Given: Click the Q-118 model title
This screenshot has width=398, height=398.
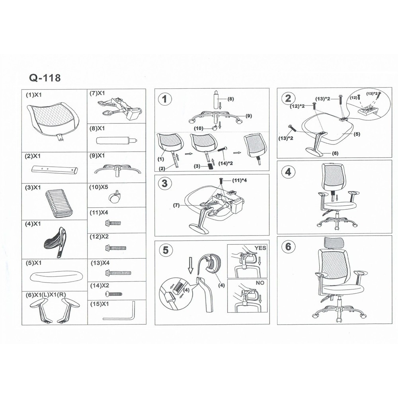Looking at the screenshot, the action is pos(45,78).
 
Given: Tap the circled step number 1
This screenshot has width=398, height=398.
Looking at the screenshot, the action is pos(165,99).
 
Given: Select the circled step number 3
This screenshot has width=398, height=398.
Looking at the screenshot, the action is pos(165,183).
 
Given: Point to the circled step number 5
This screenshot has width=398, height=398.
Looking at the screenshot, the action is pos(165,250).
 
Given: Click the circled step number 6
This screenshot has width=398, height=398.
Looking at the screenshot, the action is pos(288,246).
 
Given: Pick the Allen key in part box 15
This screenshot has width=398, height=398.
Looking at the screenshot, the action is pos(119,312).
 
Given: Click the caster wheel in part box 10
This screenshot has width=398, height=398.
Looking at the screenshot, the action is pos(114,197).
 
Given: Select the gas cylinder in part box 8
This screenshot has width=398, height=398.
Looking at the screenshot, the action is pos(117,140).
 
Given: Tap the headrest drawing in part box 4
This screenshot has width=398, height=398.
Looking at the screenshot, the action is pos(55,242).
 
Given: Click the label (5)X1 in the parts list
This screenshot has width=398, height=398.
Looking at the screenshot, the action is pos(33,263).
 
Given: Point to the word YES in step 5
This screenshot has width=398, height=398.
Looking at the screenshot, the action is pos(260,248).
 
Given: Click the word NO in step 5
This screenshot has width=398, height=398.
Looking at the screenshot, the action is pos(260,283).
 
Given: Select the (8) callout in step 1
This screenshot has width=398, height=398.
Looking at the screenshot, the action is pos(230,99).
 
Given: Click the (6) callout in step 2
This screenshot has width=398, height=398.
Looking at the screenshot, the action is pos(335,153).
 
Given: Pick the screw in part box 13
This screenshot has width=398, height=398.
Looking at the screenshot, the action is pos(118,273).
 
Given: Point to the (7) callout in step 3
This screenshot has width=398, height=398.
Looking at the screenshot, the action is pos(176,205).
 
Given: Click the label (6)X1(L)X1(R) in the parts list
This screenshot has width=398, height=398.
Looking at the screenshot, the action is pos(46,295).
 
